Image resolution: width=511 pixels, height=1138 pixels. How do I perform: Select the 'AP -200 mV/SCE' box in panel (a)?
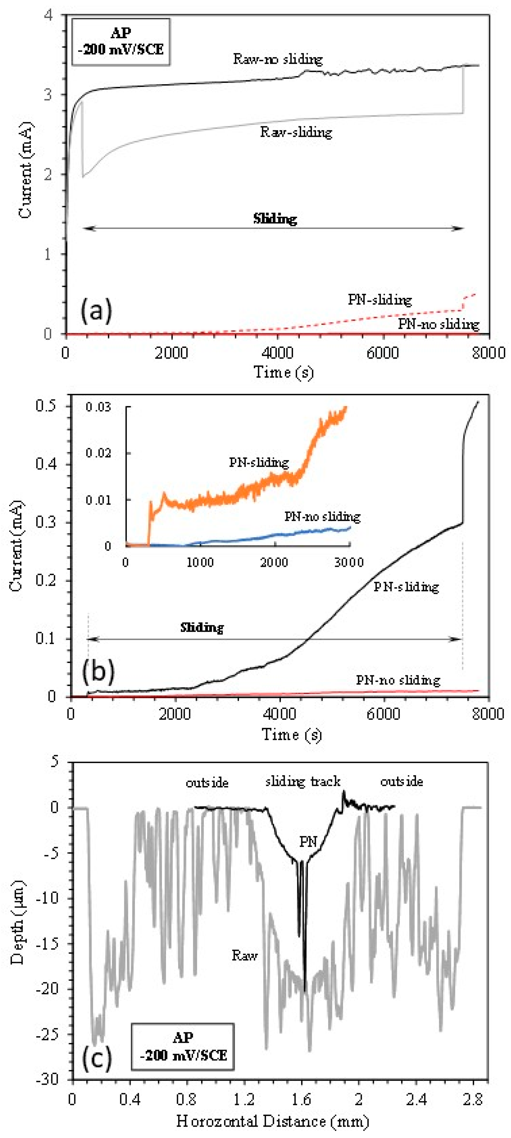[x=121, y=42]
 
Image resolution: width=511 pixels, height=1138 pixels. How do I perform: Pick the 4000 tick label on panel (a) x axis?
[x=277, y=353]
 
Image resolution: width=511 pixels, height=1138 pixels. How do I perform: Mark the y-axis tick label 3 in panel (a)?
[x=49, y=95]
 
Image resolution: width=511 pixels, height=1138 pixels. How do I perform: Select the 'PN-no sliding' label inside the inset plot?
[x=322, y=517]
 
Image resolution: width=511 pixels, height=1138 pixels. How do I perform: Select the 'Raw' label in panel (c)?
[x=245, y=955]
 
